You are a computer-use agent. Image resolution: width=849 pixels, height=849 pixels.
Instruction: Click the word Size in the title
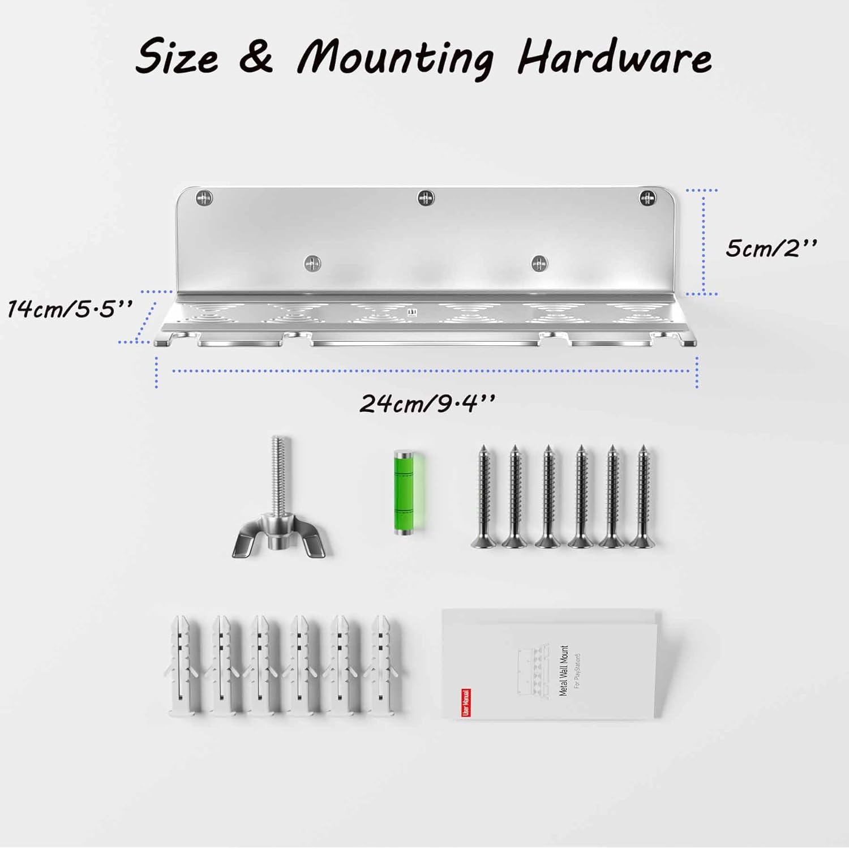(x=177, y=57)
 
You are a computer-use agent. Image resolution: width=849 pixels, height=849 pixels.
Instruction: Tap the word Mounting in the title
(x=396, y=58)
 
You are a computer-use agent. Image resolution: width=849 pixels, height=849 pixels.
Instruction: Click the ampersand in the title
(x=256, y=57)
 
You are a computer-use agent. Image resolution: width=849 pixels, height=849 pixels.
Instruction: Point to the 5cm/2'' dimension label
(x=771, y=248)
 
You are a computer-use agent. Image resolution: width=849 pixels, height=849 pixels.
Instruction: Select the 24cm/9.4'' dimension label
(x=427, y=404)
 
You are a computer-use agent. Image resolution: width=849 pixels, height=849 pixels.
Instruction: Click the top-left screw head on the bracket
(x=204, y=198)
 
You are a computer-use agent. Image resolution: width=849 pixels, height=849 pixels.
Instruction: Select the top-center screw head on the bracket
(x=426, y=198)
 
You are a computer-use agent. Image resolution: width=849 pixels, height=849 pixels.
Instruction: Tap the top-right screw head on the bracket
(x=648, y=198)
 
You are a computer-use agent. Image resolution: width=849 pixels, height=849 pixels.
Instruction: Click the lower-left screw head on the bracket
(x=312, y=263)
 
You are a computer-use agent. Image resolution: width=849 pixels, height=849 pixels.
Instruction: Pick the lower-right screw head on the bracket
(x=539, y=263)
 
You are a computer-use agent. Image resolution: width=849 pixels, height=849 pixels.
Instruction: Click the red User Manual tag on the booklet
(x=466, y=702)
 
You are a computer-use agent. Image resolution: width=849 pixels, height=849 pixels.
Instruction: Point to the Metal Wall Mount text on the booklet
(x=563, y=671)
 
